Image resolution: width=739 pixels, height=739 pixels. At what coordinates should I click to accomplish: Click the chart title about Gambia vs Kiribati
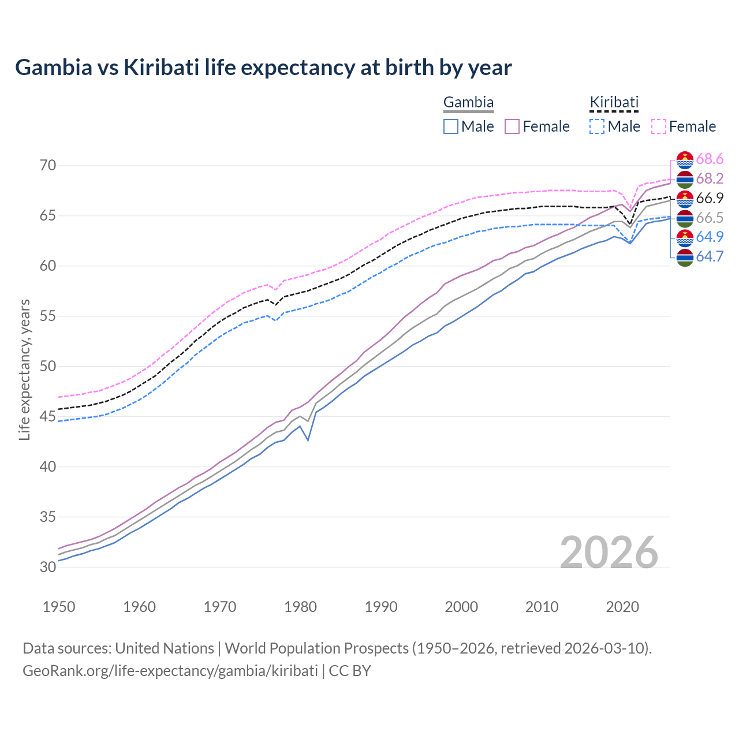(263, 68)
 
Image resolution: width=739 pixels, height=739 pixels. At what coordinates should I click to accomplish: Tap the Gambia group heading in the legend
(468, 103)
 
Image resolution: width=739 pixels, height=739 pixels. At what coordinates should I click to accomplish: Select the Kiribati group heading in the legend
(614, 103)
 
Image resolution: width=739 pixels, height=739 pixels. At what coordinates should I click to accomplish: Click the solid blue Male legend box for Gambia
(451, 126)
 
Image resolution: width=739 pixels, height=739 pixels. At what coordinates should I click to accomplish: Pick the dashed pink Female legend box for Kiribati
(659, 126)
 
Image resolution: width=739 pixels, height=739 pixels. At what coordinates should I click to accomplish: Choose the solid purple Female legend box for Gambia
(513, 126)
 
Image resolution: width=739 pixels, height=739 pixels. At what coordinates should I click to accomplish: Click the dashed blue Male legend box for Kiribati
(598, 126)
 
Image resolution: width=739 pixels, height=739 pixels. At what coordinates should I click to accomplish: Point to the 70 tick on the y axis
(48, 166)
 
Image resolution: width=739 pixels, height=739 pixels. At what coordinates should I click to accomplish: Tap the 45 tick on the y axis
(48, 416)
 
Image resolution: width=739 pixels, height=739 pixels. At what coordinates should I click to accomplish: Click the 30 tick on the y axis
(48, 567)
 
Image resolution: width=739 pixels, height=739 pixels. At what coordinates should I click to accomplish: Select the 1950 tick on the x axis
(59, 607)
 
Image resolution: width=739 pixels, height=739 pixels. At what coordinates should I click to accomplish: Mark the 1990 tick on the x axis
(381, 607)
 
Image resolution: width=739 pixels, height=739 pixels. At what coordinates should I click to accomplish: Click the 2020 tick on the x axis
(622, 607)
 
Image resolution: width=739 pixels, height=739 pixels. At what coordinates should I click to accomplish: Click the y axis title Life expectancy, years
(25, 369)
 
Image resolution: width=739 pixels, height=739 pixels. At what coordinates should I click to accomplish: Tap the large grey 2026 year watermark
(609, 553)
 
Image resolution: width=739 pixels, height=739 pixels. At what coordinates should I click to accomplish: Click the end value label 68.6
(710, 159)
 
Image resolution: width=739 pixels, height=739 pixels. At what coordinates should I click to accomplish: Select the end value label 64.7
(710, 257)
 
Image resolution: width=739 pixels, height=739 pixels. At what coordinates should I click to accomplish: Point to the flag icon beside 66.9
(685, 199)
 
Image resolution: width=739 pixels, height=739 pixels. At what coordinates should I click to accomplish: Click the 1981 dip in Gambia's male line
(308, 441)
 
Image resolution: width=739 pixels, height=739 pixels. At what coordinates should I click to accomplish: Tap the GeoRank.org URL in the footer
(170, 671)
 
